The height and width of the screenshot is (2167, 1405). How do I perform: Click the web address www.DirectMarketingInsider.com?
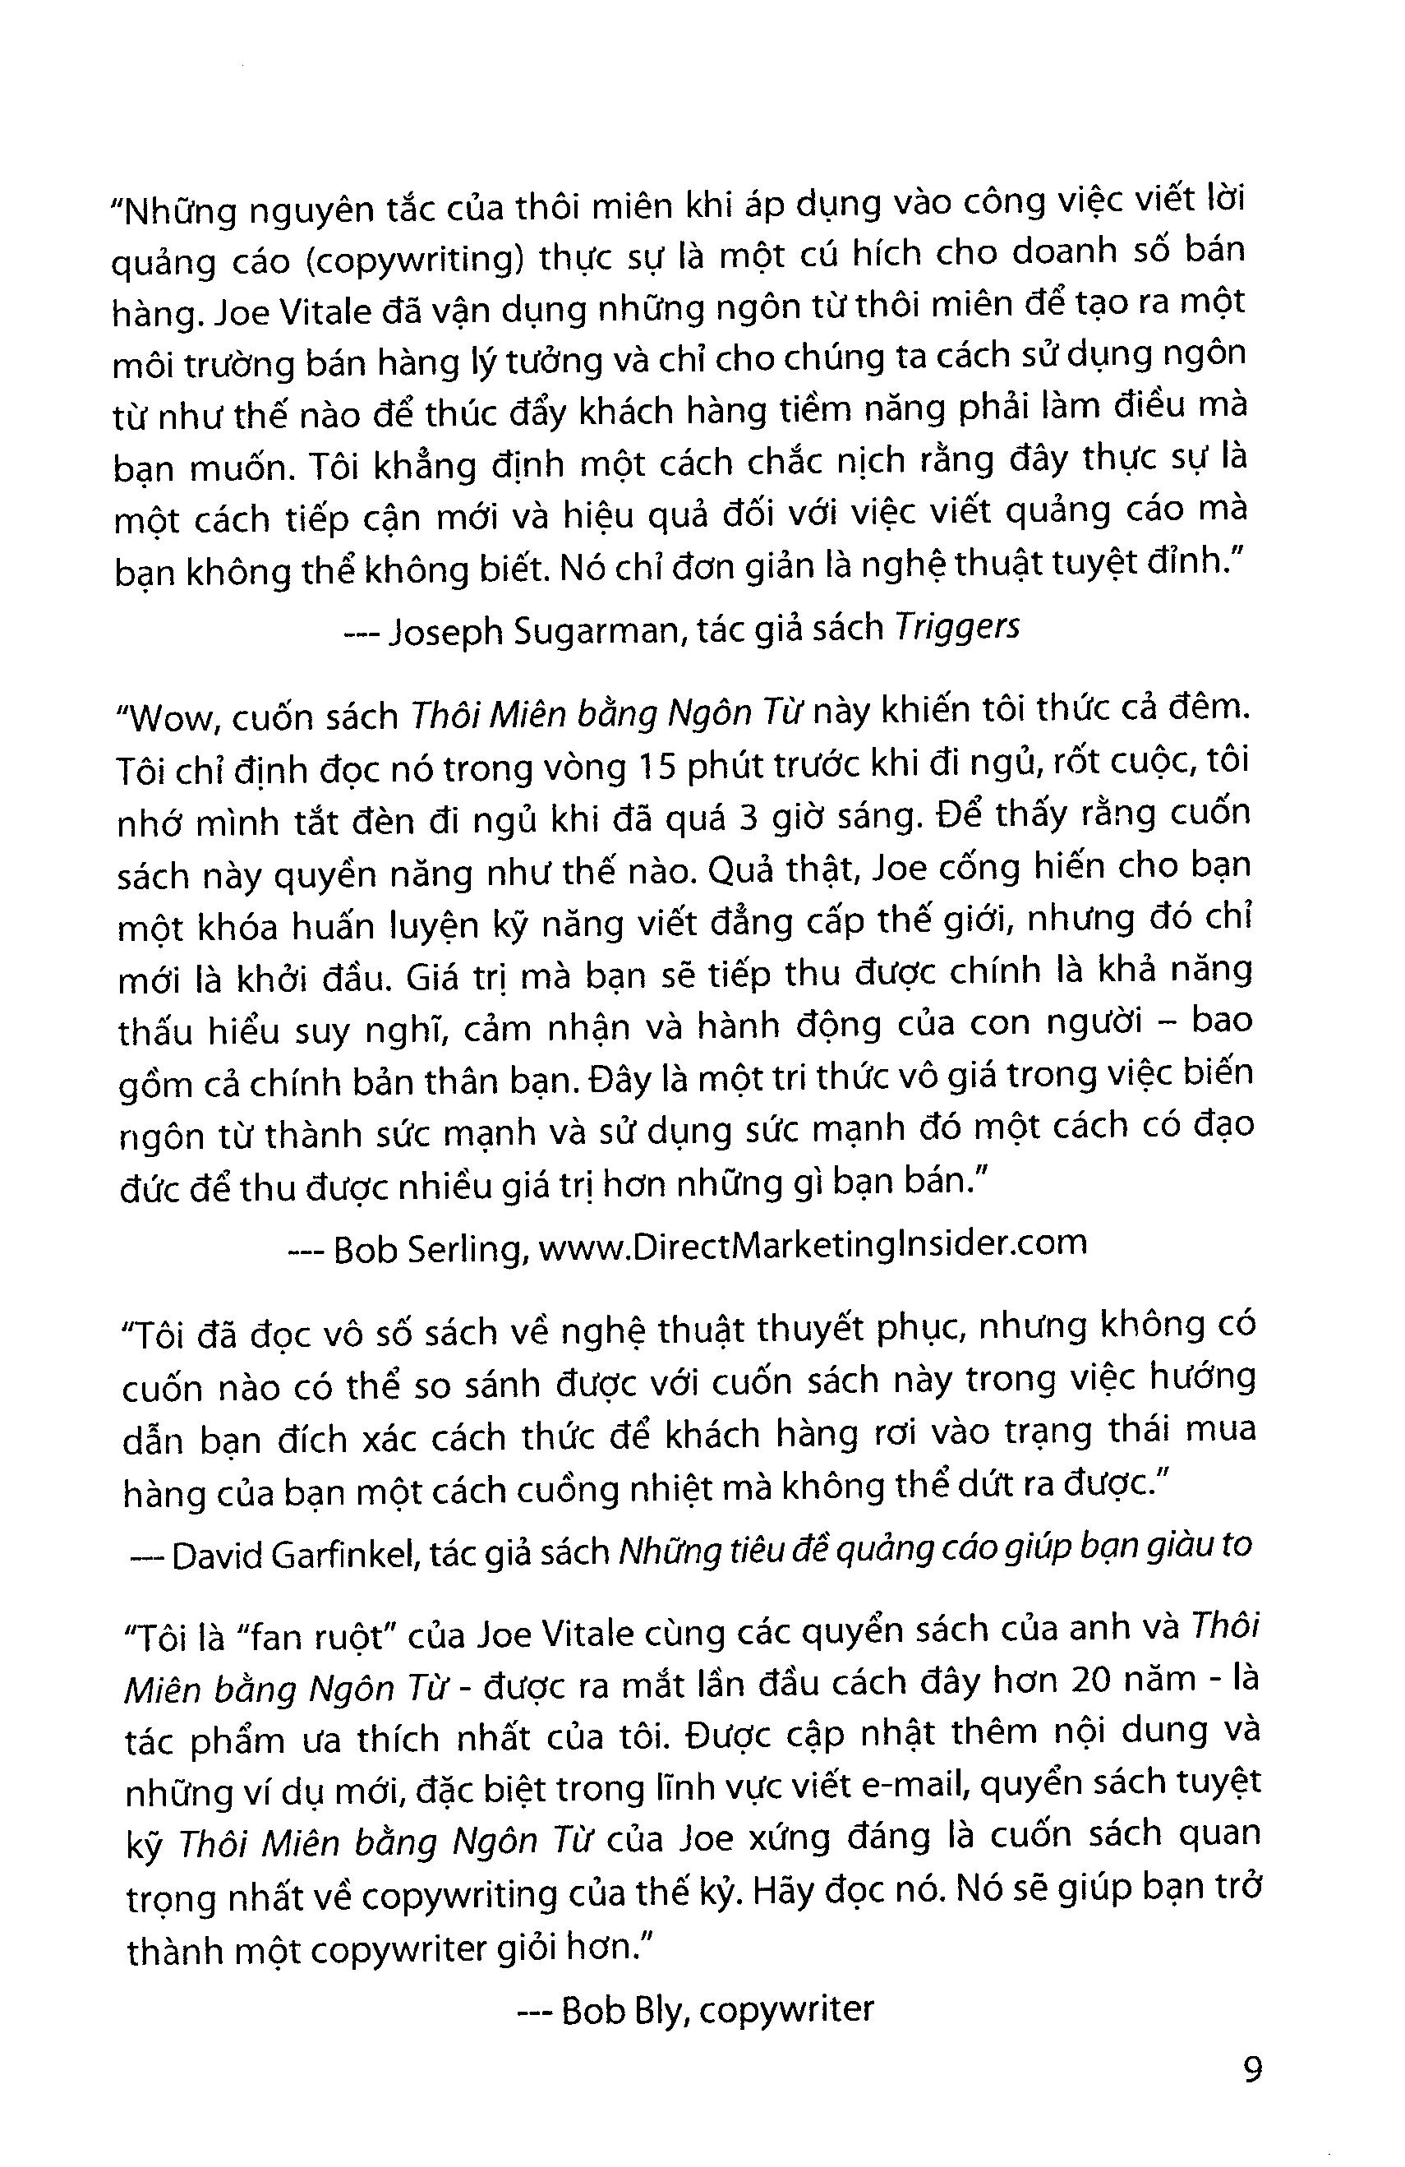coord(813,1245)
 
